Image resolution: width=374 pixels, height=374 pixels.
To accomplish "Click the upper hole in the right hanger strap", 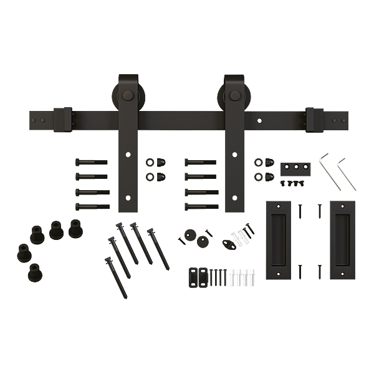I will point(234,154).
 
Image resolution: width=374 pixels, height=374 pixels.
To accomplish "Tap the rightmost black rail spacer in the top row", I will point(76,228).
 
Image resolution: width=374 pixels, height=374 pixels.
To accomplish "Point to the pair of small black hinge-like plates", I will point(198,276).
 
